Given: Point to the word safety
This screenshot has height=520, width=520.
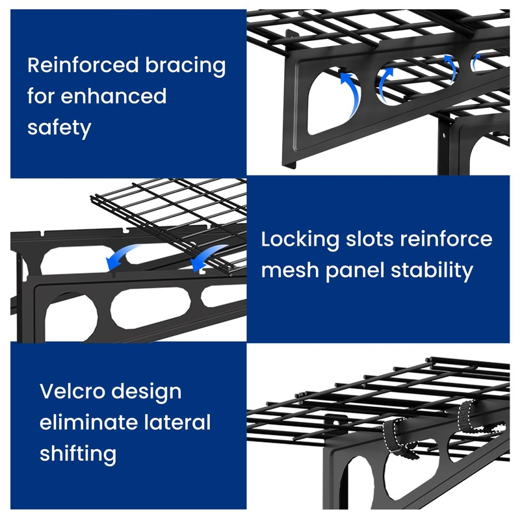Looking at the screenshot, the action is coord(59,127).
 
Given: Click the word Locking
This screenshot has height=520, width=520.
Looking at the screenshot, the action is coord(300,239).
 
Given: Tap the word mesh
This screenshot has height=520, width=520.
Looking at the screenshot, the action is coord(288,270).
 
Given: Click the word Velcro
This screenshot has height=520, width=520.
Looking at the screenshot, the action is coord(73,392).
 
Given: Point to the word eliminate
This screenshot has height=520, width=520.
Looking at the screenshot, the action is coord(86,422).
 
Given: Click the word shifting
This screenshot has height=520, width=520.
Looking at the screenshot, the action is coord(78,454).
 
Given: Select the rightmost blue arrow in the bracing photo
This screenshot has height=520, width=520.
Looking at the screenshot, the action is coord(476,62).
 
